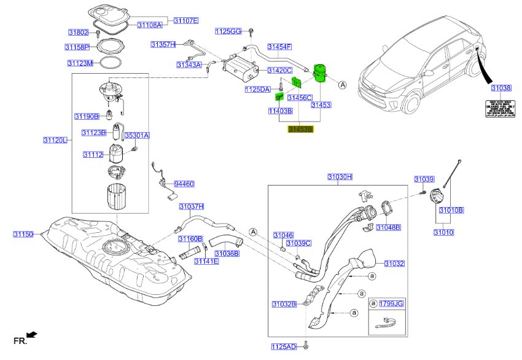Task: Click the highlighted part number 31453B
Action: pos(301,130)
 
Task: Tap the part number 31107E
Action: pos(185,20)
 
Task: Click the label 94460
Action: pos(184,184)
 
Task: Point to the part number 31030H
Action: pos(340,177)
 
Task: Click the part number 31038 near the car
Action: pos(501,88)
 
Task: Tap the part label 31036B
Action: pos(227,253)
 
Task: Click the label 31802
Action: pos(78,32)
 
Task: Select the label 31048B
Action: pos(388,227)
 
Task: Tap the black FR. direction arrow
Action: pos(33,334)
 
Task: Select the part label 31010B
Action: pos(451,210)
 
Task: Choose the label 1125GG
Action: pos(228,31)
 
